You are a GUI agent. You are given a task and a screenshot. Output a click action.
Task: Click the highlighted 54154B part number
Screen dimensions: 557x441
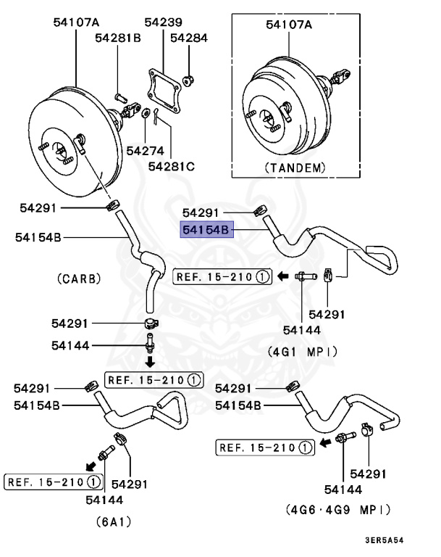coord(206,230)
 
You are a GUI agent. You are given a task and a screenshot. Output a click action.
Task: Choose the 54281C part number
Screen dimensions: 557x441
coord(172,166)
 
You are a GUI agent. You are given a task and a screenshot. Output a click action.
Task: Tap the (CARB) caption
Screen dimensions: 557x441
coord(77,278)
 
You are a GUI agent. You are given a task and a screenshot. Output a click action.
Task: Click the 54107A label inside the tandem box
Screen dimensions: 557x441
coord(288,24)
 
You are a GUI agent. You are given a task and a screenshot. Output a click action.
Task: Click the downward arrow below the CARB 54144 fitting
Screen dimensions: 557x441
coord(150,361)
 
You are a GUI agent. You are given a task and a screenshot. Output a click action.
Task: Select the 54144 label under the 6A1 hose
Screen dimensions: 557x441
coord(104,499)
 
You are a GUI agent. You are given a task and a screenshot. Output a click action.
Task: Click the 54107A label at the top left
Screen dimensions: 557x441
coord(76,22)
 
